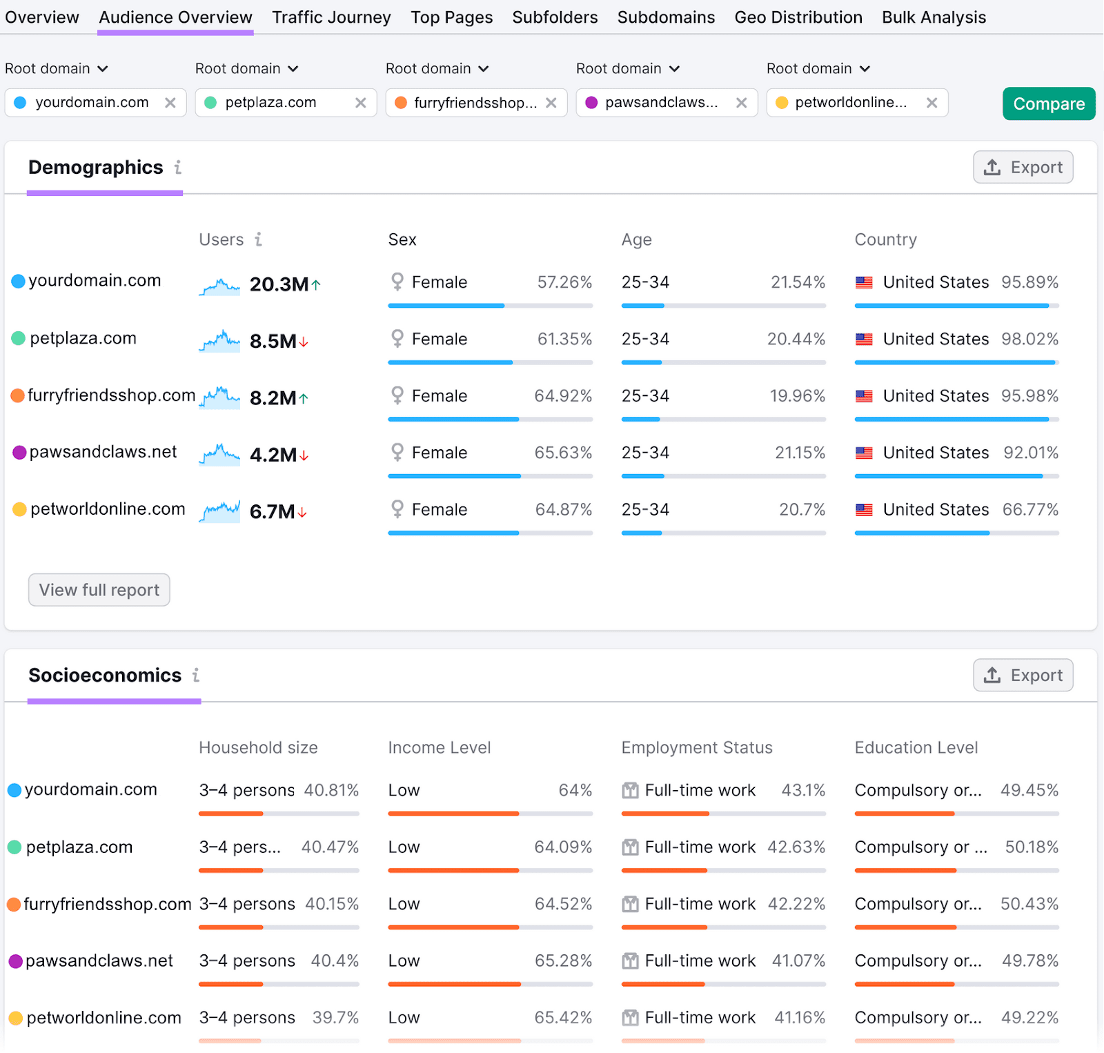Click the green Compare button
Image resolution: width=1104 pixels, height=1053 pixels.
1048,104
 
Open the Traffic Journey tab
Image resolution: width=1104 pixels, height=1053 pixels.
331,17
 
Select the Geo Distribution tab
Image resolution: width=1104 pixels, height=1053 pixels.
798,17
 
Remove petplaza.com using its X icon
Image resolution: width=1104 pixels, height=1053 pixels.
360,103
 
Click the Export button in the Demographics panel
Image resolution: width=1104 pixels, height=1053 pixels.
1023,167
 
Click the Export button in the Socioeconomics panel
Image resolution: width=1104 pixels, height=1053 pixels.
1023,675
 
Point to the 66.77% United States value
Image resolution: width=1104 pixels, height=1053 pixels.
1029,509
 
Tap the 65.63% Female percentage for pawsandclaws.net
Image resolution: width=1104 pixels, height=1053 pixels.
562,453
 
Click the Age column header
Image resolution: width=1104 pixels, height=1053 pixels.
636,239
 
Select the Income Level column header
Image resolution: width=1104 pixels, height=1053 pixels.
439,747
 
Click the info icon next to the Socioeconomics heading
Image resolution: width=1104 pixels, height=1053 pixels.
196,675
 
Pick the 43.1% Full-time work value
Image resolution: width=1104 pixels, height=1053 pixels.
802,790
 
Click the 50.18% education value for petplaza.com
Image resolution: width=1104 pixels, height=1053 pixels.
1031,847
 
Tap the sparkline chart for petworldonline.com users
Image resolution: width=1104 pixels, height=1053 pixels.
219,511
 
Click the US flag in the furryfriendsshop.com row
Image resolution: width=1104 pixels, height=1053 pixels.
864,396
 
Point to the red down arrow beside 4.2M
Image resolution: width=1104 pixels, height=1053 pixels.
304,455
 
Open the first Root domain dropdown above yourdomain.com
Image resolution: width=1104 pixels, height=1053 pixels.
57,68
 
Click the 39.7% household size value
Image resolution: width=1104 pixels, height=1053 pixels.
335,1017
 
